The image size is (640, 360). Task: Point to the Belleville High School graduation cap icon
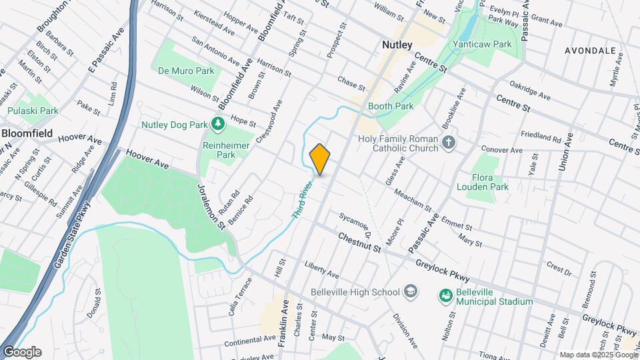[411, 292]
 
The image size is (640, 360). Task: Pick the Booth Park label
[391, 106]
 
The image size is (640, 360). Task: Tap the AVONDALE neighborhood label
[590, 51]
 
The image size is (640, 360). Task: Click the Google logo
[22, 352]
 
